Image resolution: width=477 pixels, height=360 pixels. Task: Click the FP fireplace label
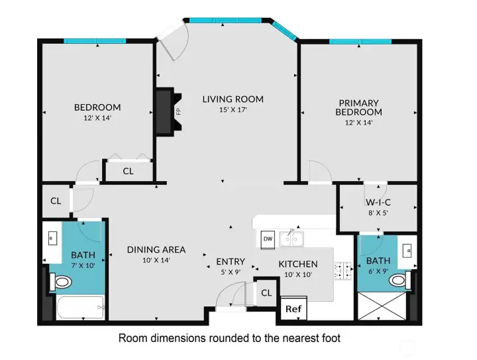[x=179, y=111]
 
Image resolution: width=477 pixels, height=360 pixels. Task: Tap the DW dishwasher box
[x=268, y=239]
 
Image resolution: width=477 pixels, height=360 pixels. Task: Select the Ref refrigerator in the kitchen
[x=293, y=308]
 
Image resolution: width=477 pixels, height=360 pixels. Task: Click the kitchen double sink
[x=291, y=239]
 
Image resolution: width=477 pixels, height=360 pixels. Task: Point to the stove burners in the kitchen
[x=343, y=271]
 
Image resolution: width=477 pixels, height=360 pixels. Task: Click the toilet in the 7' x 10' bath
[x=60, y=282]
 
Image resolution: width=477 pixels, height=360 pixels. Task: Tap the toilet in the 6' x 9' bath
[x=400, y=280]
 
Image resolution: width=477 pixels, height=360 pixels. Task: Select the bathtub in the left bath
[x=80, y=308]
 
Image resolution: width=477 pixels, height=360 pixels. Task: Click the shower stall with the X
[x=382, y=306]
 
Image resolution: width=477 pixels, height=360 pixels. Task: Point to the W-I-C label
[x=378, y=202]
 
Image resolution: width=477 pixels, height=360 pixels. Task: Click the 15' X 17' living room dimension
[x=233, y=109]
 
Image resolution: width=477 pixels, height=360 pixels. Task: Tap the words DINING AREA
[x=156, y=250]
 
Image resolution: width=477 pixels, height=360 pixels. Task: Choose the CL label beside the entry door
[x=266, y=293]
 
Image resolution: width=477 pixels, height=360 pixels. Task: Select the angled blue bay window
[x=284, y=30]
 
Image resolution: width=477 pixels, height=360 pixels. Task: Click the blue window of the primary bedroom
[x=360, y=42]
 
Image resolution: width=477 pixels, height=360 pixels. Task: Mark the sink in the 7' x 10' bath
[x=52, y=239]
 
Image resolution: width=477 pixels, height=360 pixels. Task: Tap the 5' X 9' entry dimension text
[x=231, y=272]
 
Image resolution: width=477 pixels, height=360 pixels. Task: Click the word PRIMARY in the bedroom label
[x=358, y=103]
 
